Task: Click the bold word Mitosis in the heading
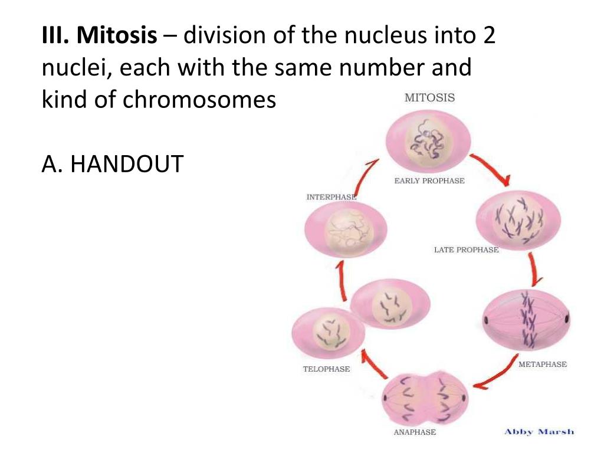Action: (117, 38)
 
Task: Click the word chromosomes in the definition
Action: (199, 100)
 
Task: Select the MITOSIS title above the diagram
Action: (429, 98)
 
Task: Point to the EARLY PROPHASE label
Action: (429, 181)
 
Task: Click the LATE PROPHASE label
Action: (466, 250)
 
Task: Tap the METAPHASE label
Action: (542, 365)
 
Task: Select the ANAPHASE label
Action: (415, 432)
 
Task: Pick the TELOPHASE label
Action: (326, 369)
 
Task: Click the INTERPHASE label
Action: (331, 197)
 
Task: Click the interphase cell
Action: (346, 230)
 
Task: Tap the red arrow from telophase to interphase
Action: (340, 283)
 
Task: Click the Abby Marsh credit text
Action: (539, 432)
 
